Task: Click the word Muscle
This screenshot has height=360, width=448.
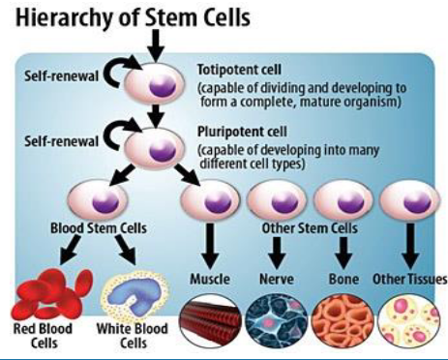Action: point(210,281)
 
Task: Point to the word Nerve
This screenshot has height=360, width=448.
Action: point(278,281)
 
